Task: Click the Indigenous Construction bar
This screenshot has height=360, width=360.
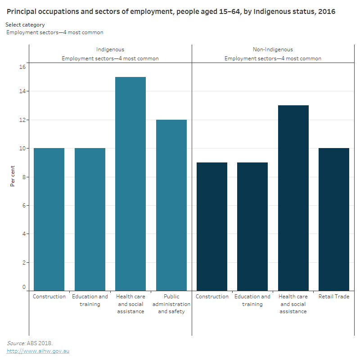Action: tap(49, 219)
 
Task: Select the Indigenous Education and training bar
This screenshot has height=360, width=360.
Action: tap(90, 219)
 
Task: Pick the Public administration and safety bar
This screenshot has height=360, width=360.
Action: tap(171, 205)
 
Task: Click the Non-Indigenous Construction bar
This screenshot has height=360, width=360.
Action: tap(212, 226)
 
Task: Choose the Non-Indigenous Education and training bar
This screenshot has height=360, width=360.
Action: tap(252, 226)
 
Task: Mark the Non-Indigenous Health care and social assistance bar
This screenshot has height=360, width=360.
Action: tap(293, 198)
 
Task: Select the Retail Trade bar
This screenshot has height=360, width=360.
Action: tap(334, 219)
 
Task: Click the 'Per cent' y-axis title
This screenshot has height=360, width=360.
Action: tap(13, 177)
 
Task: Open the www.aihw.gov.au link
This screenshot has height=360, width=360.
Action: tap(38, 351)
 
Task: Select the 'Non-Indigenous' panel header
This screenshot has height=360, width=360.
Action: tap(273, 49)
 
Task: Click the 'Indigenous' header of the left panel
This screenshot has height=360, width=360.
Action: tap(110, 49)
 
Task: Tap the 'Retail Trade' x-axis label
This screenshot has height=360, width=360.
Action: tap(334, 297)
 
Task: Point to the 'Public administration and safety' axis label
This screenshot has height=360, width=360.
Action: tap(171, 304)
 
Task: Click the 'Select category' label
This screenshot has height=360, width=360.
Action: tap(25, 25)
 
